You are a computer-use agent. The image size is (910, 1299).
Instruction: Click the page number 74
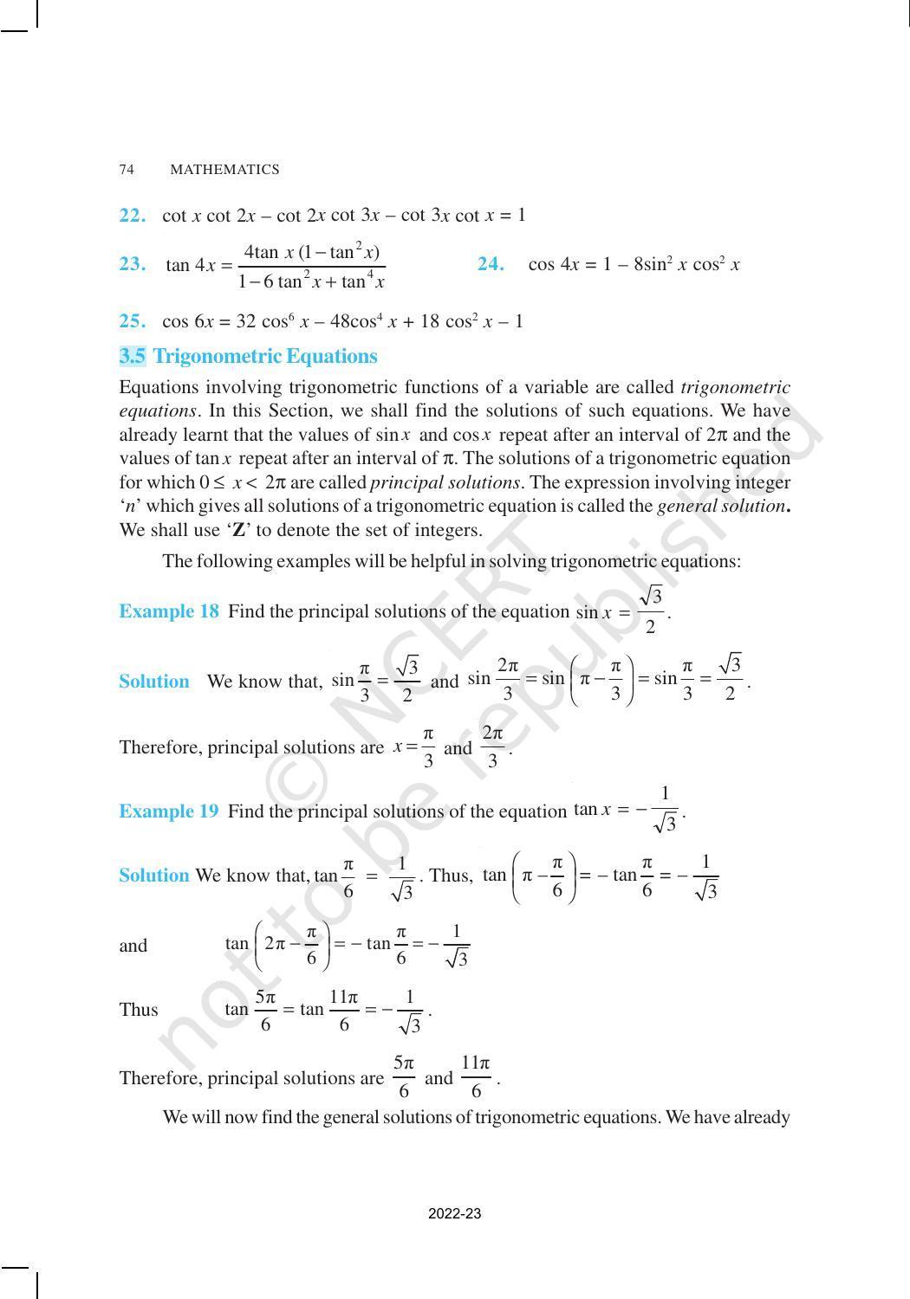[x=127, y=170]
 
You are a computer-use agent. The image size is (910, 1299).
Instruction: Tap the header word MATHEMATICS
[x=224, y=170]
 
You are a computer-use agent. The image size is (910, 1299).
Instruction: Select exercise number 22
[x=132, y=216]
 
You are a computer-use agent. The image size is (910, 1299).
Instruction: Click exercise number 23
[x=132, y=265]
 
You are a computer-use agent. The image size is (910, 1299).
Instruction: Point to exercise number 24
[x=491, y=265]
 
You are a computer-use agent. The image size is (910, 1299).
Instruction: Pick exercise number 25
[x=132, y=321]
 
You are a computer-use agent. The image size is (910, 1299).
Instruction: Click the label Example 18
[x=169, y=611]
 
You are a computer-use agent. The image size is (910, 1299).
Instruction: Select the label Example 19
[x=169, y=811]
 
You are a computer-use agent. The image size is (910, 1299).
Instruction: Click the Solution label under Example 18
[x=153, y=682]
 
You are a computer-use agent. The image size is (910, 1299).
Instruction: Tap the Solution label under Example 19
[x=153, y=876]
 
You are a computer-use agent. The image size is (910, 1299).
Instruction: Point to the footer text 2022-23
[x=454, y=1213]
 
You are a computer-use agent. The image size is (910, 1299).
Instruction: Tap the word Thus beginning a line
[x=139, y=1010]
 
